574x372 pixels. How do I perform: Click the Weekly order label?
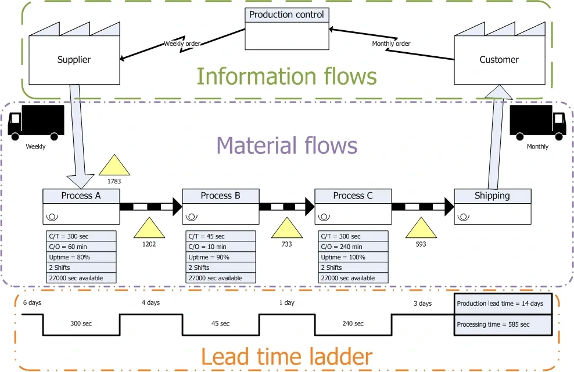[182, 44]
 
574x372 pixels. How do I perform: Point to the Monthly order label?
[391, 44]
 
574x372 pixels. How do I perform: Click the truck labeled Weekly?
[36, 122]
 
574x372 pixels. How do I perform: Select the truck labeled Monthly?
[538, 122]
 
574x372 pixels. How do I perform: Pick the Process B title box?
[220, 196]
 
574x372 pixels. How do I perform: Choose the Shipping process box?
[492, 206]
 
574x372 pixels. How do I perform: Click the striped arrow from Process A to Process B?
[150, 206]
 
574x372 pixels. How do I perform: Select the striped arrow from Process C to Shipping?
[422, 206]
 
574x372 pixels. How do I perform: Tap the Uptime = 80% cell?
[81, 257]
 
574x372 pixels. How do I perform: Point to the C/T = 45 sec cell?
[220, 236]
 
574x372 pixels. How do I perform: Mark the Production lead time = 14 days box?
[502, 304]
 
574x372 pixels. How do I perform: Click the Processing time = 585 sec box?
[502, 324]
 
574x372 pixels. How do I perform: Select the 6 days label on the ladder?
[32, 303]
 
